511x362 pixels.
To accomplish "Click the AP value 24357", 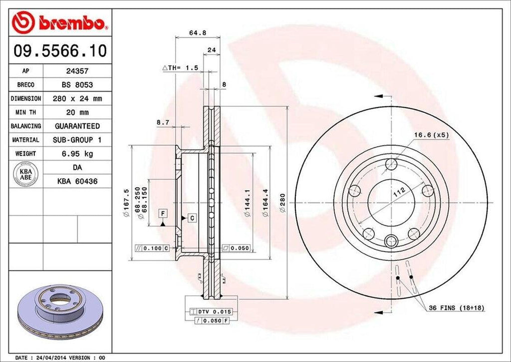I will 77,71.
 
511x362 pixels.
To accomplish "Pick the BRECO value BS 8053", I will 77,85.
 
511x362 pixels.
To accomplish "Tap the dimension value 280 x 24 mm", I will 77,99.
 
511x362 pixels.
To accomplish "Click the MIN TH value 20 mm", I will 77,112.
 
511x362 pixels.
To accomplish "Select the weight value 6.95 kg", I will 77,153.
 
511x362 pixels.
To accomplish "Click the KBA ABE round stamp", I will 26,174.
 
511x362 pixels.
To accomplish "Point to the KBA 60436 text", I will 77,182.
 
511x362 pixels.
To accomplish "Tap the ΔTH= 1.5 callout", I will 180,67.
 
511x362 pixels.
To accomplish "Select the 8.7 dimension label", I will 163,121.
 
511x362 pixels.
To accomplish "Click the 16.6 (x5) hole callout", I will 431,134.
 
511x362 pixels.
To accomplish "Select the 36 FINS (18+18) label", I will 456,308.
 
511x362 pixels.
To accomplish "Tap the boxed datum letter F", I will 162,213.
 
